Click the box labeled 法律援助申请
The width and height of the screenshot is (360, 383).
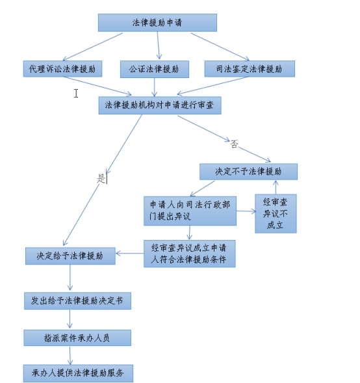pyautogui.click(x=157, y=23)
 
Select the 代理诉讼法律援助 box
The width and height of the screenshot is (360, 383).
pyautogui.click(x=63, y=69)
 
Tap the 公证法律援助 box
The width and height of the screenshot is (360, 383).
pyautogui.click(x=155, y=70)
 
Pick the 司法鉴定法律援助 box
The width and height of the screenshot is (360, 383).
pyautogui.click(x=250, y=69)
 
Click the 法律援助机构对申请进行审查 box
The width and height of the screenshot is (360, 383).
pyautogui.click(x=160, y=105)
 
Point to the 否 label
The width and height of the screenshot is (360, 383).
pyautogui.click(x=234, y=144)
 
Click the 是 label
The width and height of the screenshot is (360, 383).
pyautogui.click(x=101, y=178)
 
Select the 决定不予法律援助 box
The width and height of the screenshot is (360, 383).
pyautogui.click(x=248, y=172)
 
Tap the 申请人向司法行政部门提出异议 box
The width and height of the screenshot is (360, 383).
pyautogui.click(x=190, y=211)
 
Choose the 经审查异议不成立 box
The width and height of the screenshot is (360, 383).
pyautogui.click(x=276, y=214)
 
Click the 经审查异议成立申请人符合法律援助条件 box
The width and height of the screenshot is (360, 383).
pyautogui.click(x=190, y=254)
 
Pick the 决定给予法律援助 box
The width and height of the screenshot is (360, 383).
pyautogui.click(x=70, y=256)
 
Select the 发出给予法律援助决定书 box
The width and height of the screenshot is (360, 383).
pyautogui.click(x=77, y=301)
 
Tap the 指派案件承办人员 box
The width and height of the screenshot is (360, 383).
pyautogui.click(x=77, y=338)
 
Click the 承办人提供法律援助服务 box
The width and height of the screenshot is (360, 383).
pyautogui.click(x=78, y=373)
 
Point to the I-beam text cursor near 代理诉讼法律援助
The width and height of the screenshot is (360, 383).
pyautogui.click(x=76, y=93)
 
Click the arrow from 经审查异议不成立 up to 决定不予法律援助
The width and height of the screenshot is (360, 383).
pyautogui.click(x=276, y=187)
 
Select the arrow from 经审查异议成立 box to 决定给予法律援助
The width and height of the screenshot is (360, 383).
pyautogui.click(x=129, y=254)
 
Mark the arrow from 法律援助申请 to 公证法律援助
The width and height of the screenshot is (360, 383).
pyautogui.click(x=159, y=46)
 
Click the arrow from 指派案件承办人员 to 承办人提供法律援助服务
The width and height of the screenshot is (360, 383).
pyautogui.click(x=70, y=356)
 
